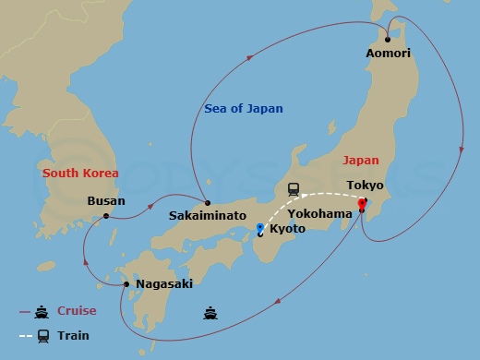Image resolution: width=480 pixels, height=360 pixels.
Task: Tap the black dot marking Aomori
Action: click(388, 40)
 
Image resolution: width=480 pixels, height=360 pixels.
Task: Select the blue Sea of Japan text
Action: click(244, 109)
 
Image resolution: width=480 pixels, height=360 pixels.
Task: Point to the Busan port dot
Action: click(106, 216)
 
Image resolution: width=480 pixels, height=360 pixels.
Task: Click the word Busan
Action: click(105, 200)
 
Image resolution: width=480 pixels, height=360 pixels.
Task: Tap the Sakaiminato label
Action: click(207, 215)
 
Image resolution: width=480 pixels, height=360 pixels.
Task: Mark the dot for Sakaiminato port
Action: click(208, 203)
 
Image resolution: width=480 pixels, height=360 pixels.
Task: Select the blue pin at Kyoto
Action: click(260, 227)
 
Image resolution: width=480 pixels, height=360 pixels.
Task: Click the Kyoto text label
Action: click(287, 227)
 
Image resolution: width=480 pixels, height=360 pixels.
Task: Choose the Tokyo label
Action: click(365, 186)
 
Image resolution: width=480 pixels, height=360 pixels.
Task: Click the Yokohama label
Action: click(319, 213)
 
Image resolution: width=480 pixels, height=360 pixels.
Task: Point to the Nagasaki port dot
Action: click(126, 283)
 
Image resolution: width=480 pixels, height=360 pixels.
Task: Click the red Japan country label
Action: click(361, 160)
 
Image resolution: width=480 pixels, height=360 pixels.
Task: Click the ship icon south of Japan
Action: click(210, 313)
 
